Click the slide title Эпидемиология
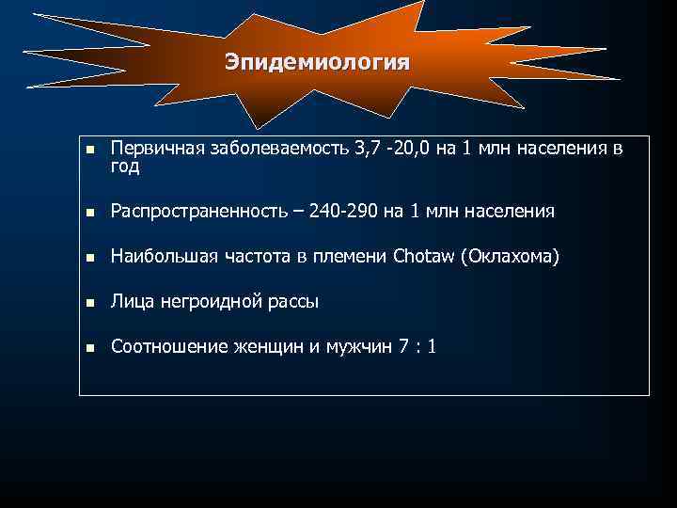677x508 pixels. (x=317, y=63)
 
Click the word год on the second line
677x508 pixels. (x=125, y=167)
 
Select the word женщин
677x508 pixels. (x=269, y=347)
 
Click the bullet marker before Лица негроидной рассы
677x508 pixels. (x=90, y=303)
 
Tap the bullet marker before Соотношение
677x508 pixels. (x=90, y=348)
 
